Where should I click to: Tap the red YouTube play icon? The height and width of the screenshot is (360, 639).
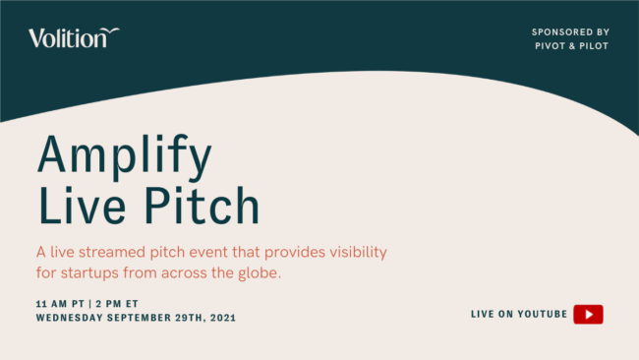click(x=588, y=314)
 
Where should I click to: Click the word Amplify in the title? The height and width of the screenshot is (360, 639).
click(x=124, y=156)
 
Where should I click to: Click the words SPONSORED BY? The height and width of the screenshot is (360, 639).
click(x=570, y=31)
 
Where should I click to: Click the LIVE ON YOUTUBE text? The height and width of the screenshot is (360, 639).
click(x=519, y=314)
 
